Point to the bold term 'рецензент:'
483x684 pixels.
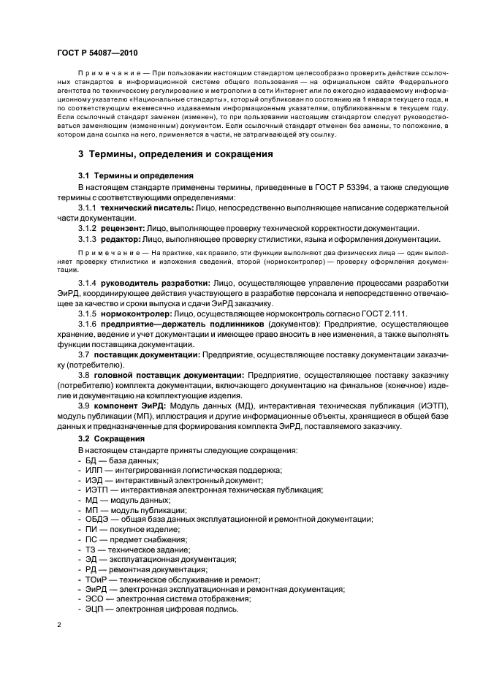click(x=122, y=228)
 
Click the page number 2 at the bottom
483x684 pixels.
click(x=59, y=626)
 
